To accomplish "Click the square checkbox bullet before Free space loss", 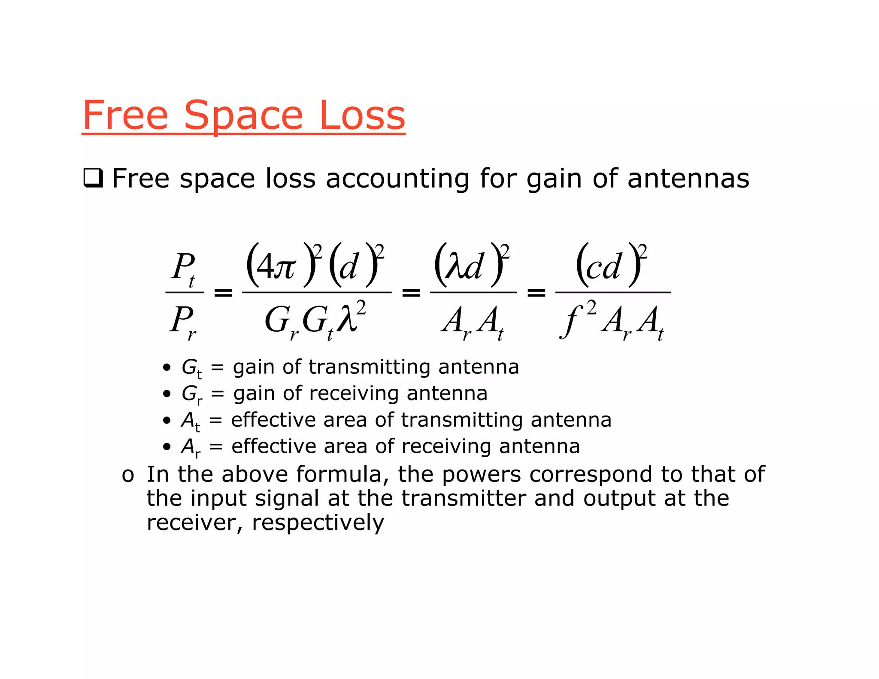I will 93,178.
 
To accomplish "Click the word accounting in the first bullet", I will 397,179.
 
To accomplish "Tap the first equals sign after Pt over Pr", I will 223,293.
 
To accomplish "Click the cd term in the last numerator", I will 603,267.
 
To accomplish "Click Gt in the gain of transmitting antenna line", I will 191,368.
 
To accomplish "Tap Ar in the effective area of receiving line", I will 191,447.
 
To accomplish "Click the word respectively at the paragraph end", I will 318,523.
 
